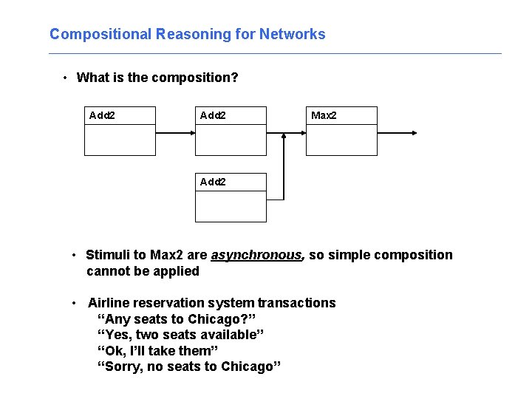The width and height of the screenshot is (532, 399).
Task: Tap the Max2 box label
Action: (x=324, y=115)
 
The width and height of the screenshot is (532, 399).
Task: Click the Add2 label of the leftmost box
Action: (x=102, y=115)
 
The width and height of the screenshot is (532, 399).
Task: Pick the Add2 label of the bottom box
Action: (x=213, y=182)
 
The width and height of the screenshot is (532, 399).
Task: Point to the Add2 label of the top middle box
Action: (x=213, y=115)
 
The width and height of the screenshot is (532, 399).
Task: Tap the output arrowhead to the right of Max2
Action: (x=413, y=133)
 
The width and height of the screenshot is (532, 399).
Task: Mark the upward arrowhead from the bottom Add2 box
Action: (x=284, y=137)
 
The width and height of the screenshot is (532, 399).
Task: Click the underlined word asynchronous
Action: (x=256, y=255)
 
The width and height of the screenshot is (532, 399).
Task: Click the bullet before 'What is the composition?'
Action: (x=66, y=78)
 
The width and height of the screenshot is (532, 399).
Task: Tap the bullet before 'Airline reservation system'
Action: (x=75, y=303)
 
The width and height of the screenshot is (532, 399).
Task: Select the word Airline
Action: (x=109, y=303)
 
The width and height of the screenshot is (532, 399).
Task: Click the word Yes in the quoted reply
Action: (x=117, y=335)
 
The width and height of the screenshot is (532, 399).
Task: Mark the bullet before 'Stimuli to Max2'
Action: (x=75, y=256)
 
